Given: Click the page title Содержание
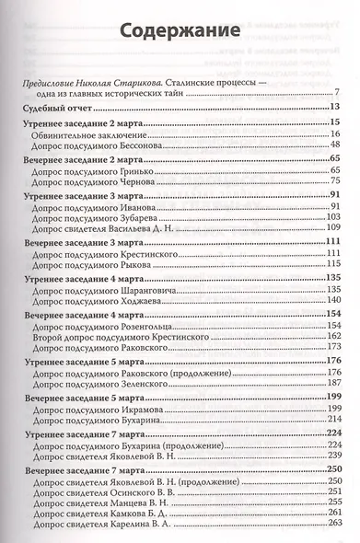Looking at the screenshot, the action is tap(180, 32).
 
